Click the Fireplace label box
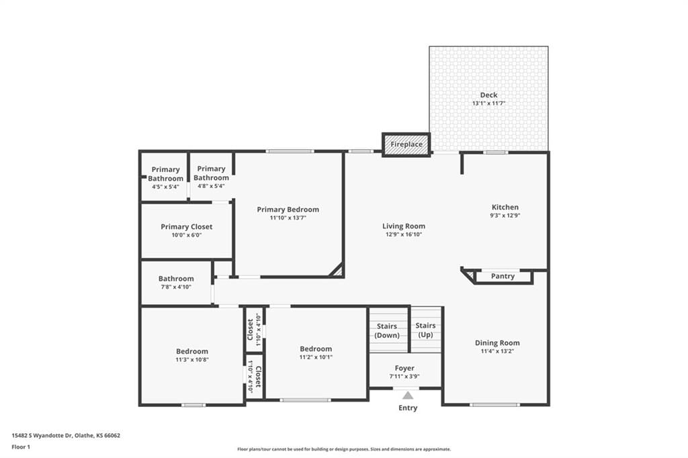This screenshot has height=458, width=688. [x=406, y=144]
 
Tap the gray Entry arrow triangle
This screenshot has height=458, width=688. [x=408, y=396]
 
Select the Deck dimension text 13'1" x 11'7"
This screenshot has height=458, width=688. [x=489, y=103]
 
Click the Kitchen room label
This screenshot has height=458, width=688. [x=505, y=207]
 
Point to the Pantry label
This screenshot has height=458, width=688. [x=503, y=277]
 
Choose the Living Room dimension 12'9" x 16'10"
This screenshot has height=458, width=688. [x=404, y=234]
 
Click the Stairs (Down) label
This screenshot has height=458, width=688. [x=387, y=331]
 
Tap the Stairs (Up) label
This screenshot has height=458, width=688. [x=425, y=330]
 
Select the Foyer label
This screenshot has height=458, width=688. [x=404, y=369]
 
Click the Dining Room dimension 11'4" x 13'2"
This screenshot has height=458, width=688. [x=498, y=351]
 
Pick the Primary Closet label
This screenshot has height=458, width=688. [x=187, y=227]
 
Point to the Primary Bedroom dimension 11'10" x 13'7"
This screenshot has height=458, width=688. [x=288, y=218]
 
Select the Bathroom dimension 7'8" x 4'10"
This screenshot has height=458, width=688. [x=176, y=287]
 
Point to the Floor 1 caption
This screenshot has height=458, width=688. [x=21, y=447]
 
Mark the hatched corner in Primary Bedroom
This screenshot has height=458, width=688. [x=337, y=270]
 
